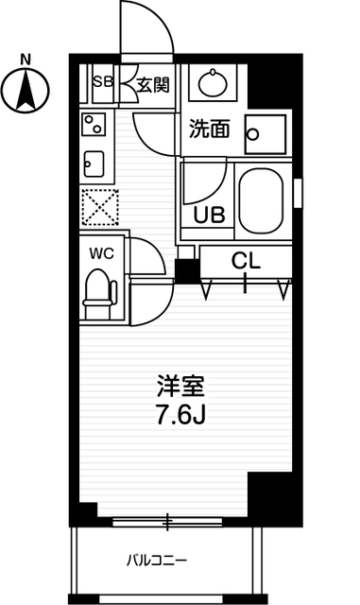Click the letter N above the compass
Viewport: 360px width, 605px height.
[26, 58]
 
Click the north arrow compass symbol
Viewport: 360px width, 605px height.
[26, 92]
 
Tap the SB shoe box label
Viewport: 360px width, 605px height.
[102, 82]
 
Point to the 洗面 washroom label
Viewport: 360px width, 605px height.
[208, 130]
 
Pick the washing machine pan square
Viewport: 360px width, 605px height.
[264, 134]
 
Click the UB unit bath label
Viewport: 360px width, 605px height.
[209, 213]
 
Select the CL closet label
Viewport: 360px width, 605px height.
[245, 260]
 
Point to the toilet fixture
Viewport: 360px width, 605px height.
[97, 293]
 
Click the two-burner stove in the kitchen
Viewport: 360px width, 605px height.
[94, 123]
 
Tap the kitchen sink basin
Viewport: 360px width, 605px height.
[94, 163]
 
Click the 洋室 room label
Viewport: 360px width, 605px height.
[180, 387]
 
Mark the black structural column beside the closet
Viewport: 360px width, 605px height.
[187, 269]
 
